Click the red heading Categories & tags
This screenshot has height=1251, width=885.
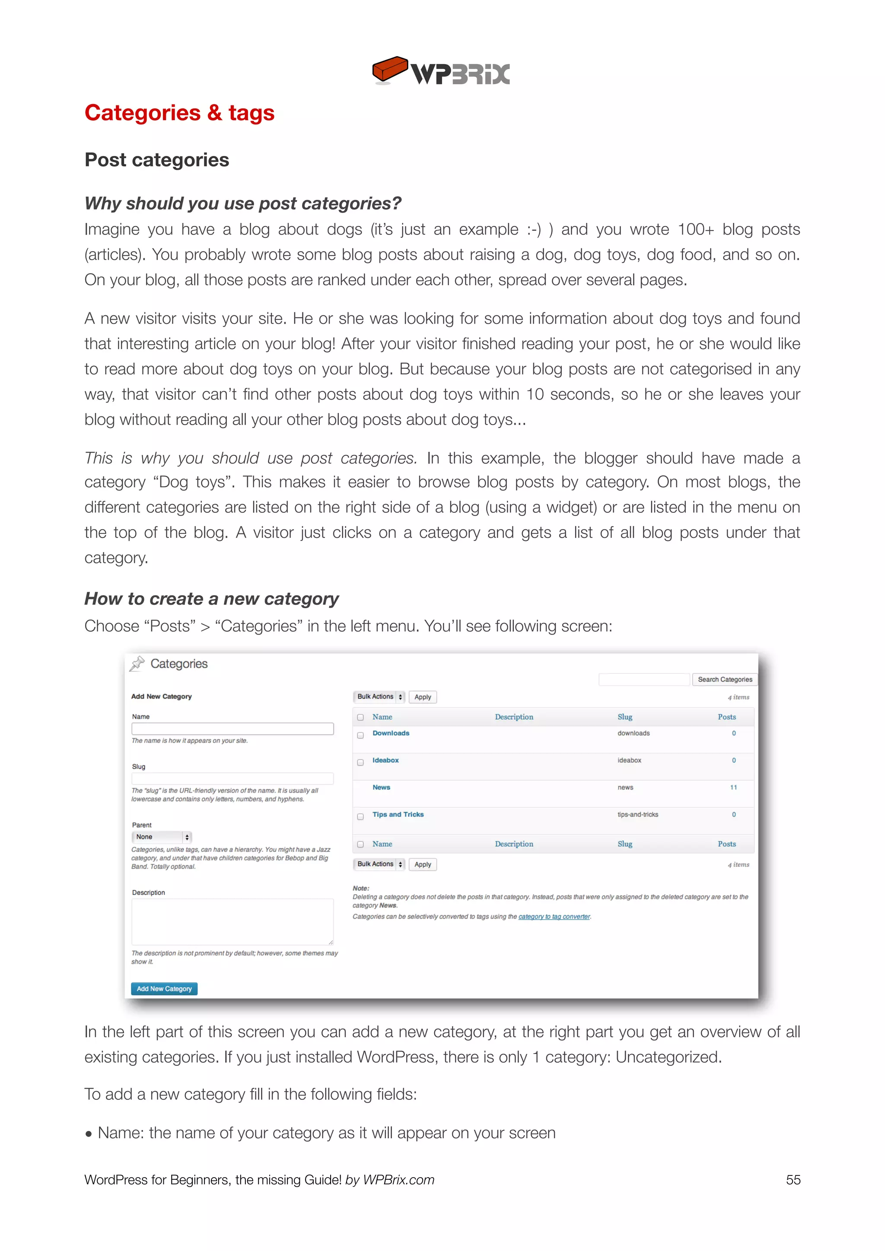point(179,113)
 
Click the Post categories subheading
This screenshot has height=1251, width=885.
point(157,160)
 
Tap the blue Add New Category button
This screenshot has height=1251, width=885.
point(164,988)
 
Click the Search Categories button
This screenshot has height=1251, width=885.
point(724,679)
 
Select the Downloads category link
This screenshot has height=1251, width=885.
point(391,733)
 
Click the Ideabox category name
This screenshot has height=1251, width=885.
point(385,760)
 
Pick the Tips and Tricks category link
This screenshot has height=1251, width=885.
point(398,814)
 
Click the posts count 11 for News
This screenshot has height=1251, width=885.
point(733,787)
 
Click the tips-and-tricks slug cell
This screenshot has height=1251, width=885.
point(637,815)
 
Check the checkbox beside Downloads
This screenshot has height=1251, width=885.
point(360,736)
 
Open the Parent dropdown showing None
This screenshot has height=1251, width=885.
point(161,837)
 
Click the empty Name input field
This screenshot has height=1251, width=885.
point(232,728)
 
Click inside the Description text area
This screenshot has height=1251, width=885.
point(232,921)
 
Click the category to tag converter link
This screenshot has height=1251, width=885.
point(554,917)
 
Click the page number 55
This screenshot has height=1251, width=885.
point(793,1180)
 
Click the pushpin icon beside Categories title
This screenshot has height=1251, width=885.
point(137,664)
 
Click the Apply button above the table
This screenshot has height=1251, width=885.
point(422,697)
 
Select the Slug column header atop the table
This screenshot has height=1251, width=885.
point(624,717)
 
